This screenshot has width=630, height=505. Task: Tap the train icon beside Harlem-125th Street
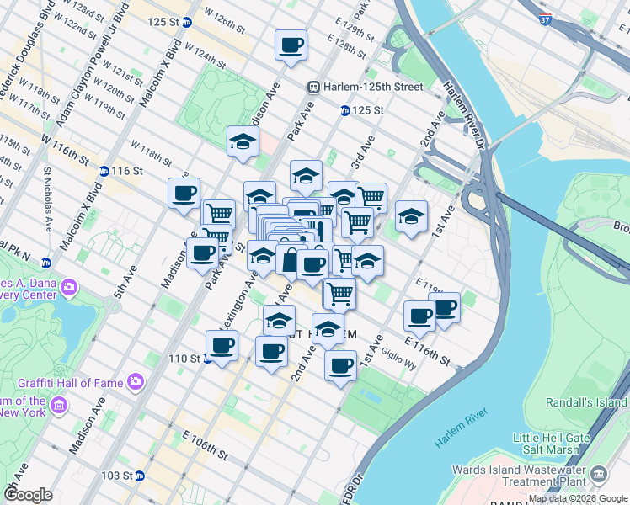(313, 87)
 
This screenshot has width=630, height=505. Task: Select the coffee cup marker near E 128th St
(291, 45)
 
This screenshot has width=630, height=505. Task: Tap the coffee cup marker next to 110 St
(222, 345)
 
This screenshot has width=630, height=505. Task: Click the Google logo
(28, 495)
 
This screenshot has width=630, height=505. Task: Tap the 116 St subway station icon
(104, 171)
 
